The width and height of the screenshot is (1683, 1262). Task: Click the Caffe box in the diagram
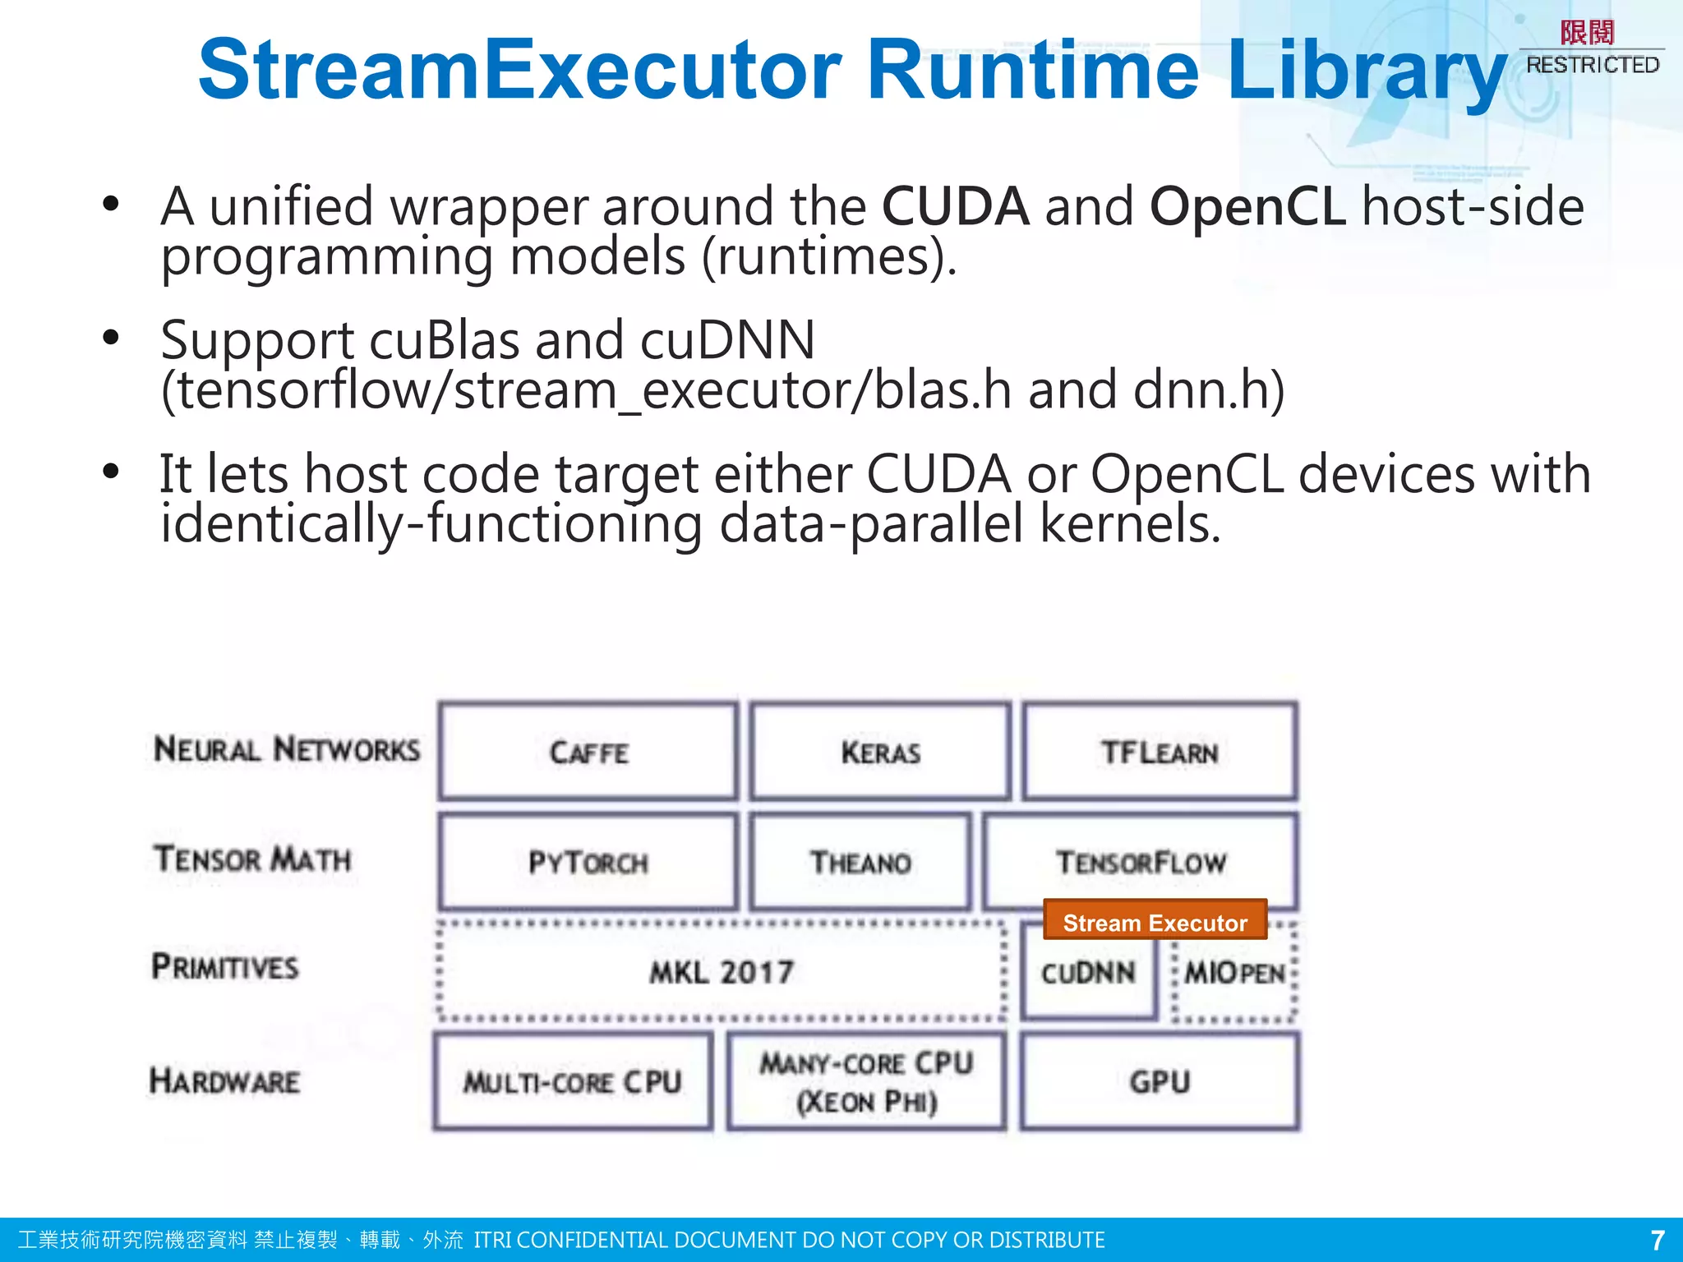click(x=588, y=752)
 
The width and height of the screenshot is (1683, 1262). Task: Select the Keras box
click(x=880, y=752)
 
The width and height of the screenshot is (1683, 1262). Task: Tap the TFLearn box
click(x=1160, y=752)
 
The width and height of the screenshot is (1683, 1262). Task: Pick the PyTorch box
click(x=588, y=862)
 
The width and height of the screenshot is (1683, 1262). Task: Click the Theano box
click(x=860, y=862)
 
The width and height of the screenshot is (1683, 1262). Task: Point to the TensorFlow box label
click(x=1141, y=862)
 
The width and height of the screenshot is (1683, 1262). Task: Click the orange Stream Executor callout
click(x=1155, y=922)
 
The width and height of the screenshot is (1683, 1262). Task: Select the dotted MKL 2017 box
click(x=722, y=972)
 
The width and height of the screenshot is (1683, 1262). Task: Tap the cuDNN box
click(x=1088, y=973)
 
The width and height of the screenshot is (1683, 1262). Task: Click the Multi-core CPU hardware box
click(x=573, y=1081)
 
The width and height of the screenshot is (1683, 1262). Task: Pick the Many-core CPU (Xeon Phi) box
click(x=866, y=1081)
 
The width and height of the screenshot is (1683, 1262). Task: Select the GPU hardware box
click(x=1160, y=1081)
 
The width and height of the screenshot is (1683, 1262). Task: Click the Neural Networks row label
click(x=287, y=749)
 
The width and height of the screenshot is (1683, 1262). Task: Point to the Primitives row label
click(x=225, y=966)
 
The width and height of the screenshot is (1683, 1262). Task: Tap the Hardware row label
click(x=225, y=1080)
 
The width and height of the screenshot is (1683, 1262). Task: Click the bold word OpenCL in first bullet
click(x=1247, y=205)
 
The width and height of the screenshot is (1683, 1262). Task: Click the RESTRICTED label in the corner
click(x=1592, y=64)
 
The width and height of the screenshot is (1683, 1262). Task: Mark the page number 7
click(x=1657, y=1240)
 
